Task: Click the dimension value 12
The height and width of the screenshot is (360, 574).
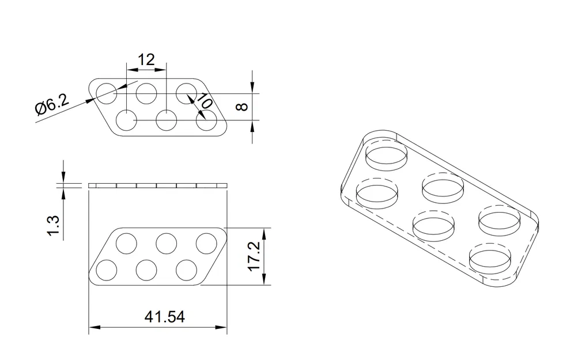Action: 146,59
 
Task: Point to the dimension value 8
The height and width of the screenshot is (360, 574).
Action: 243,107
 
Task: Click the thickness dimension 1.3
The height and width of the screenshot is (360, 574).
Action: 53,225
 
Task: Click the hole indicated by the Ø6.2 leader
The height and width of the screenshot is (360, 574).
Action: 107,93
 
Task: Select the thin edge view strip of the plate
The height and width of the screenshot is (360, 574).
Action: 157,185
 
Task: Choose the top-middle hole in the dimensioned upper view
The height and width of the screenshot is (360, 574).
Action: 146,93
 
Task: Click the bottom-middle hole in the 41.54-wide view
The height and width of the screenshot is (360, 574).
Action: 146,270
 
